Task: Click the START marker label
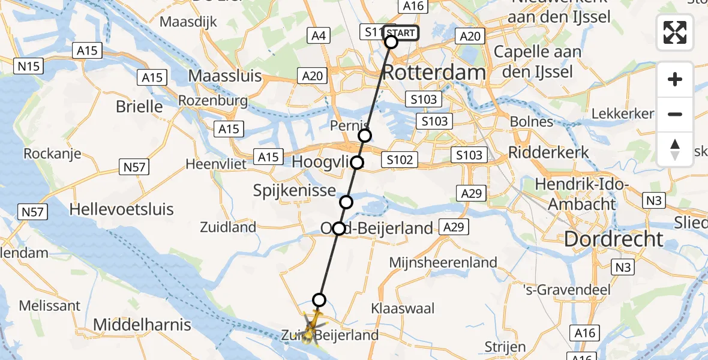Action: (400, 33)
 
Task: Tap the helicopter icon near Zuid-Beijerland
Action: (310, 329)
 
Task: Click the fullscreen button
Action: (675, 32)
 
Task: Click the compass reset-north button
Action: (675, 149)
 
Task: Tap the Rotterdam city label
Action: (433, 73)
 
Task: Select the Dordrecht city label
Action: (614, 239)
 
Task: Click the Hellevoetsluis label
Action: (121, 209)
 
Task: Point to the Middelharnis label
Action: (142, 325)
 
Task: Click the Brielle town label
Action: (139, 107)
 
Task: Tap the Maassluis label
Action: (225, 76)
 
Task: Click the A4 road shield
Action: (319, 36)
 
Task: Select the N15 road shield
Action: (29, 65)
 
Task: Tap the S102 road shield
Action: (400, 160)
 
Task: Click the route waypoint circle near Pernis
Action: (365, 136)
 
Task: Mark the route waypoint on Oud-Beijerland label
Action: (339, 229)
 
